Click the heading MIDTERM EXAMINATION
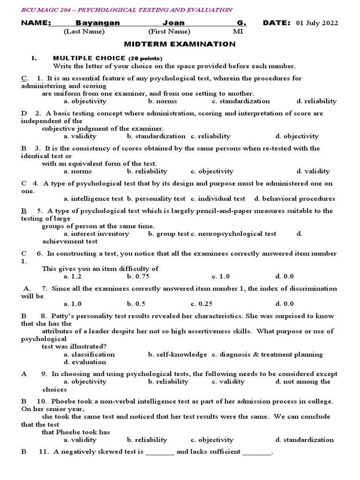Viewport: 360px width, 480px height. click(180, 44)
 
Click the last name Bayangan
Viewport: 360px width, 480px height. click(97, 23)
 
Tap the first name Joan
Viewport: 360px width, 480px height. click(173, 23)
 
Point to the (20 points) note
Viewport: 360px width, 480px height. click(145, 59)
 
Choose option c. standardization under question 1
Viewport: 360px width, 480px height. click(240, 101)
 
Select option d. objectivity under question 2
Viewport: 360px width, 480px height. click(297, 136)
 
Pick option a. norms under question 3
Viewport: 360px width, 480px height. click(78, 171)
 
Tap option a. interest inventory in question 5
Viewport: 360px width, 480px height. click(96, 233)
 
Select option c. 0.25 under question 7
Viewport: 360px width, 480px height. click(202, 304)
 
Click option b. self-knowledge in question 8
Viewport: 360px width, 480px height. click(178, 354)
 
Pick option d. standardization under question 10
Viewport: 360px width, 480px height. click(305, 440)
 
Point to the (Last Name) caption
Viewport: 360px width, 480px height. click(84, 31)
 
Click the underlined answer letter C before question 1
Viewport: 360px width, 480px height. click(24, 78)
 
